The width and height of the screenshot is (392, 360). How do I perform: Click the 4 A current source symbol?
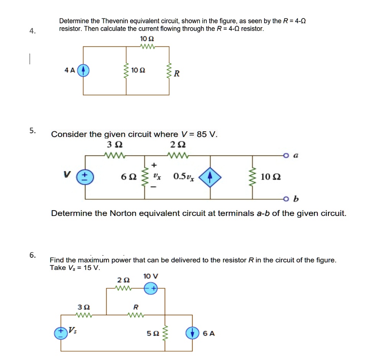(x=83, y=71)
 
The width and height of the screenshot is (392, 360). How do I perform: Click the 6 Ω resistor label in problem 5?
(x=128, y=177)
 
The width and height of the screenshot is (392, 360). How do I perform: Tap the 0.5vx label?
(x=183, y=177)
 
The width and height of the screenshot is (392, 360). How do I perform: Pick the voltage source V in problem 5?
(x=85, y=177)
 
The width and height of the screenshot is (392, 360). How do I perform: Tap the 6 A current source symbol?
(x=192, y=333)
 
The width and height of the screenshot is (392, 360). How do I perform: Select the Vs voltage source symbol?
(x=61, y=333)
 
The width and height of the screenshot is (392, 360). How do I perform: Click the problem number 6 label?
(x=33, y=255)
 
